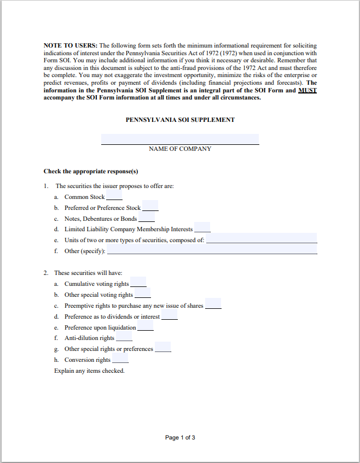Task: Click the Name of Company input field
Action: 180,139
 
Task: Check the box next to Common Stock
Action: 114,196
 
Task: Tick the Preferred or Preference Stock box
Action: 150,207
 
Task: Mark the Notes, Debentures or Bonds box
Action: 147,218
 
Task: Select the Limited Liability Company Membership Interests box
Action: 202,228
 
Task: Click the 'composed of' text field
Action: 262,239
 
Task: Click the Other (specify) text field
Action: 212,250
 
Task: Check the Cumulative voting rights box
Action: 138,283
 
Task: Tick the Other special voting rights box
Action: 142,294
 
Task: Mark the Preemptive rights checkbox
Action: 213,304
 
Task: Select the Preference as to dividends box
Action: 169,315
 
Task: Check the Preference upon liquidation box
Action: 145,326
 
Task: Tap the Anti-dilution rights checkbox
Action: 124,337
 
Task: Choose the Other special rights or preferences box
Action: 163,347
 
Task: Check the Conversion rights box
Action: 120,359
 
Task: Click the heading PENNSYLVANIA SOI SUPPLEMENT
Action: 180,120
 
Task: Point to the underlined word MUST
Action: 307,90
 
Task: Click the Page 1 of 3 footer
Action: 180,437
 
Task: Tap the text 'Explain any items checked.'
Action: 89,371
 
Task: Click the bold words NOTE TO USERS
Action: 71,45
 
